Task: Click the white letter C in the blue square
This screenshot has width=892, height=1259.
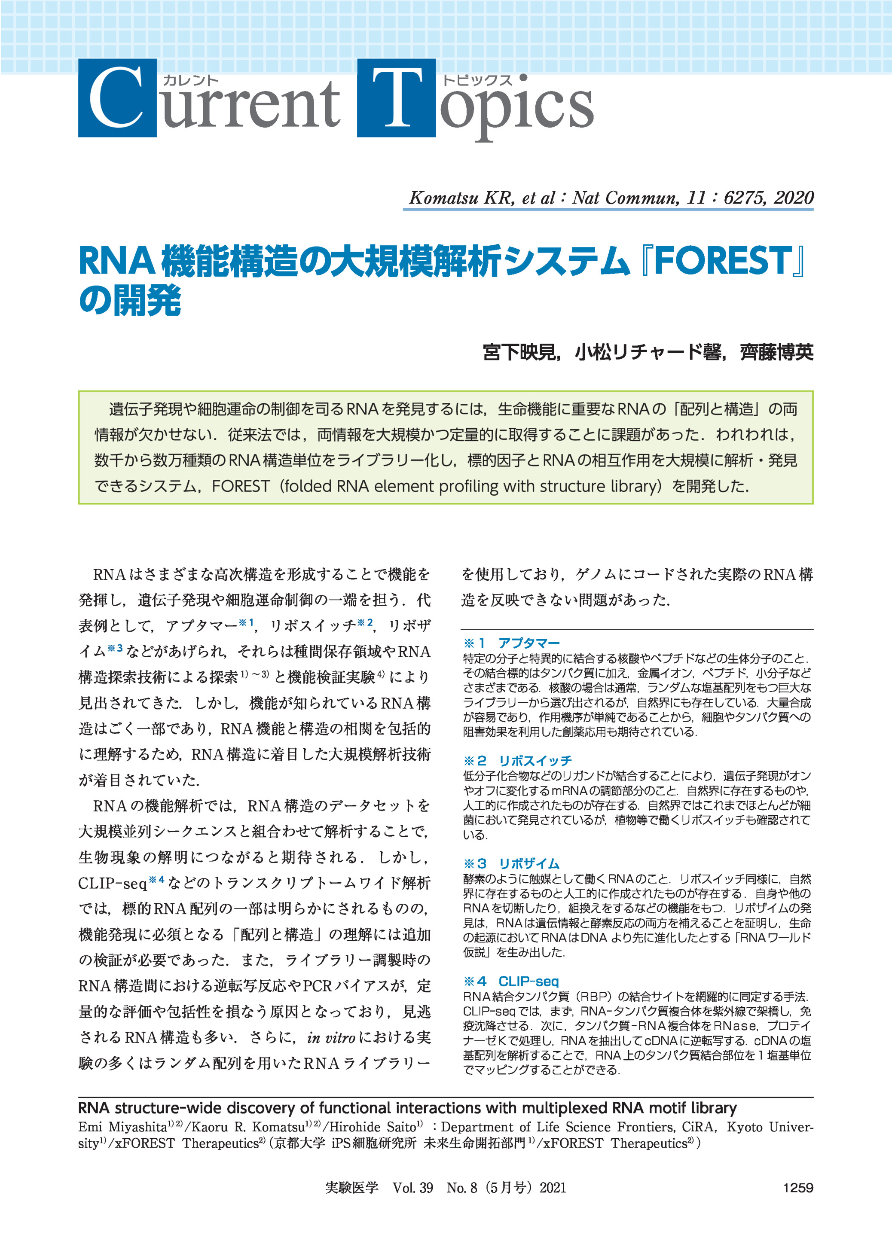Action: [117, 98]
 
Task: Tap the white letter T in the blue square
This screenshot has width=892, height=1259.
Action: [397, 98]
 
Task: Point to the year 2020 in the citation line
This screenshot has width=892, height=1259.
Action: [793, 198]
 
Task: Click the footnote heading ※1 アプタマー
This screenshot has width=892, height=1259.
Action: [511, 643]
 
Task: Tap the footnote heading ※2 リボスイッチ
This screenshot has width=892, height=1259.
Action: [517, 760]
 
